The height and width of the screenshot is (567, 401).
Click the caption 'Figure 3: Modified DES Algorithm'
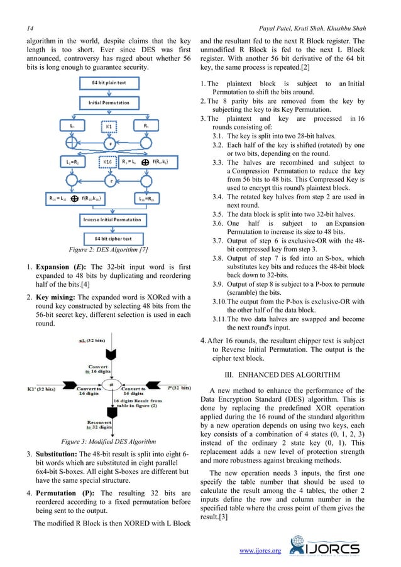click(104, 440)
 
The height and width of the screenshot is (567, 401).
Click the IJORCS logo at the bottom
click(332, 547)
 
